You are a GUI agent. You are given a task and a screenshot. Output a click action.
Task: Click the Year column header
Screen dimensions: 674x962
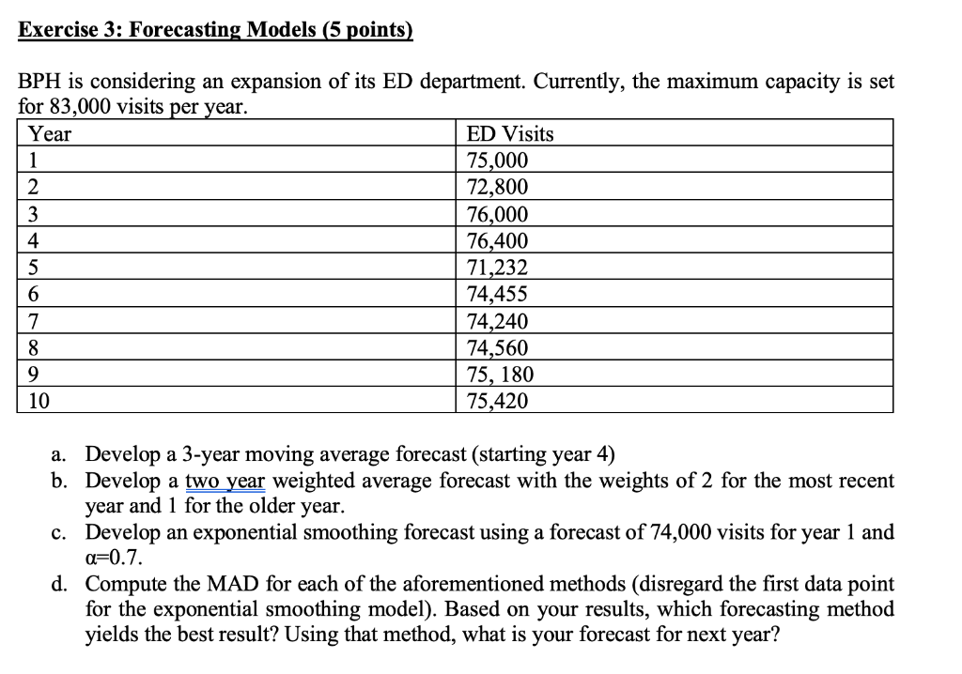pyautogui.click(x=50, y=134)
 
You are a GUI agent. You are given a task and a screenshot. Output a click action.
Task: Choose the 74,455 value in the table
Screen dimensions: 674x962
pyautogui.click(x=498, y=294)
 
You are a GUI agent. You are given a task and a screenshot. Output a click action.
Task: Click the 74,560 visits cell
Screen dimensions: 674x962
pyautogui.click(x=498, y=348)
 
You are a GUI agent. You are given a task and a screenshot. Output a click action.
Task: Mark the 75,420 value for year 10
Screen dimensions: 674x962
pyautogui.click(x=498, y=402)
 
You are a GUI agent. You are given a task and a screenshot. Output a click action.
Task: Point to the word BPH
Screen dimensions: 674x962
pyautogui.click(x=41, y=81)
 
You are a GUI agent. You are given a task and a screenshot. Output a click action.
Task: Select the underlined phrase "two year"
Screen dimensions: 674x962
pyautogui.click(x=226, y=482)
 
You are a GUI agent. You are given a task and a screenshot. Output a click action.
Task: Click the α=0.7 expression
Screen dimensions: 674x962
pyautogui.click(x=115, y=558)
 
